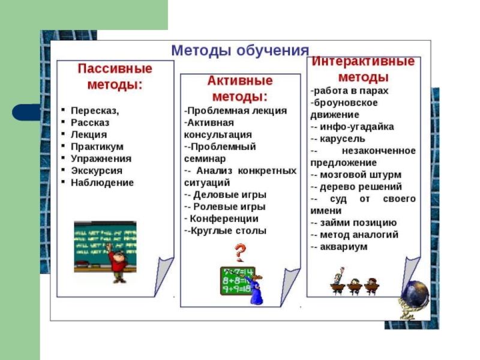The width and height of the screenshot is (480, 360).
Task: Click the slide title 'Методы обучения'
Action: (x=240, y=50)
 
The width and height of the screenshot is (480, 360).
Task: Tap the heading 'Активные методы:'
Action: (x=240, y=89)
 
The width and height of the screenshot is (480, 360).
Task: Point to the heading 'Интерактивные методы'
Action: (x=364, y=70)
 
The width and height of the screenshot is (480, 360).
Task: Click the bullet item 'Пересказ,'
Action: (x=95, y=111)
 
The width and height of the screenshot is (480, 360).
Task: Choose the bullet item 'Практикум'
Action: (x=97, y=147)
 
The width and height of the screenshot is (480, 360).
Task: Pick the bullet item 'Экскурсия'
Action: (x=96, y=171)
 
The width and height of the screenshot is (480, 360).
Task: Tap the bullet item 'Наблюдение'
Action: (x=102, y=183)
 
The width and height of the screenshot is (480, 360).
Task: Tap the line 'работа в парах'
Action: (x=351, y=91)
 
